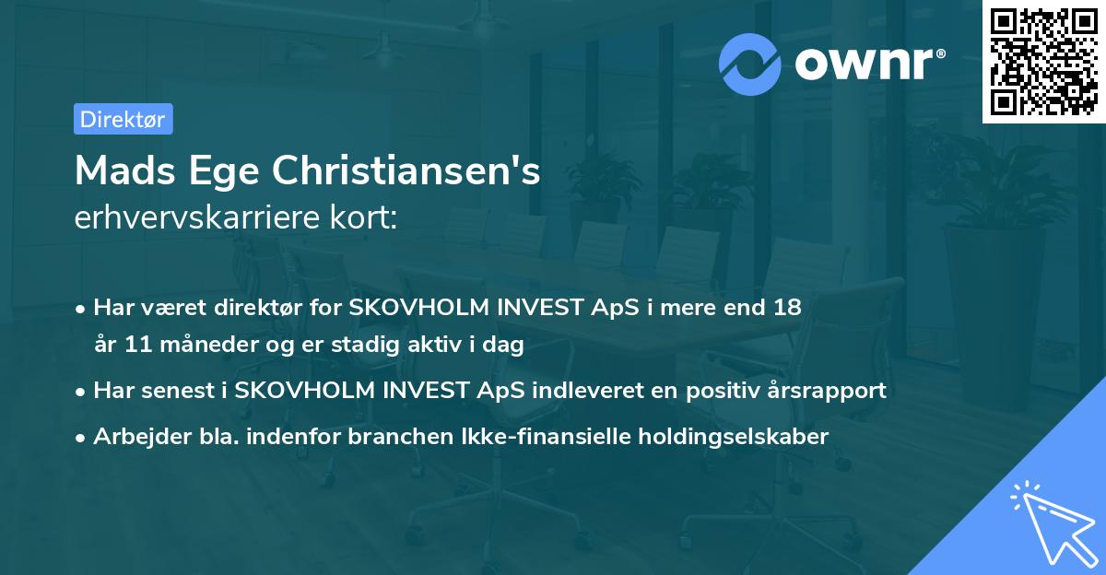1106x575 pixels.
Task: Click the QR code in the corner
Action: point(1043,62)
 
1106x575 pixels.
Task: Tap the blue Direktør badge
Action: point(123,119)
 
